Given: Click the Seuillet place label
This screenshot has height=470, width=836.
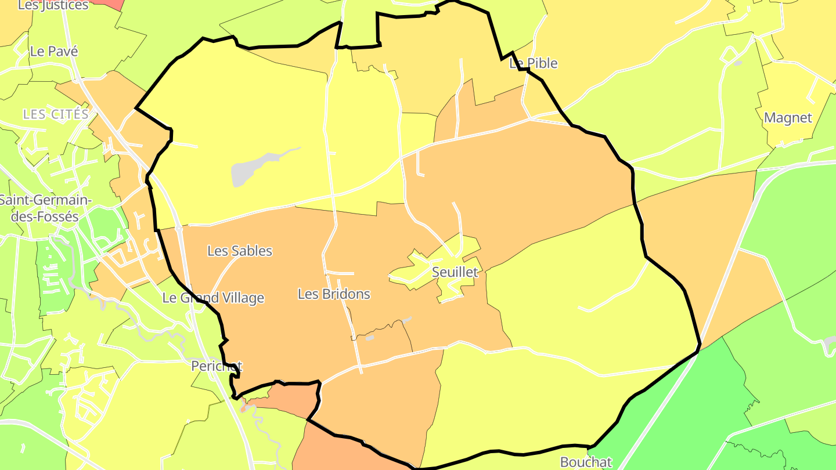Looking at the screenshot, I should [x=455, y=272].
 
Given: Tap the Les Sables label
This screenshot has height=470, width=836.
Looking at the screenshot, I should [x=240, y=251].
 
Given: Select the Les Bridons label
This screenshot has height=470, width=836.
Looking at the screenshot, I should [x=334, y=294].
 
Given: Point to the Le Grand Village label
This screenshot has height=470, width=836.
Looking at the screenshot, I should [x=212, y=298].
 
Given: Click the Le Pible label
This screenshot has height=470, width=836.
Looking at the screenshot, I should [x=534, y=63].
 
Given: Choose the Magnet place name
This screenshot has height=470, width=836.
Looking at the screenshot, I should [x=788, y=118].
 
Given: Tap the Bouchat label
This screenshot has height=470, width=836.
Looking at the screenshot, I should [x=586, y=462].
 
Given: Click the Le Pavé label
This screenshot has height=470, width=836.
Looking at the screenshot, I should [x=54, y=51].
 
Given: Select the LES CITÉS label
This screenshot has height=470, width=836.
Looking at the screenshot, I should [x=56, y=114].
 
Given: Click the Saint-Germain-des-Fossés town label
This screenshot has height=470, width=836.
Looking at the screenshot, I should [x=45, y=208].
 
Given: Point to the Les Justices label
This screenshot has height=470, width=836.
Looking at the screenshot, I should [x=53, y=5].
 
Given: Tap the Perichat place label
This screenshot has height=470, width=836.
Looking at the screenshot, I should [x=217, y=367].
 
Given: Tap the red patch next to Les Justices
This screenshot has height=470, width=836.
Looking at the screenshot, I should [x=110, y=4].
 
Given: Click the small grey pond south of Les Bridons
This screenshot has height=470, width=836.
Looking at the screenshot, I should [x=369, y=337].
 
